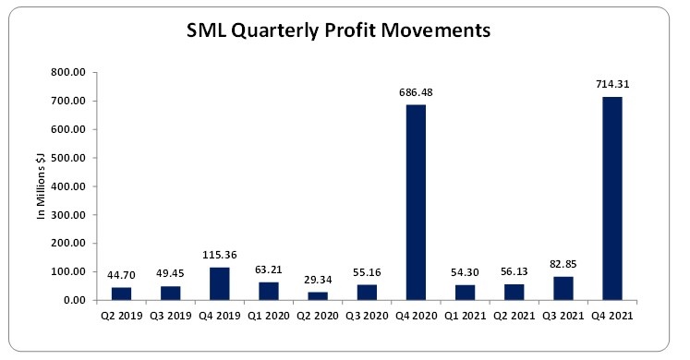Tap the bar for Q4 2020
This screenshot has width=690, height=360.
[416, 202]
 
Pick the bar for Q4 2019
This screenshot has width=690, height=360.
[221, 283]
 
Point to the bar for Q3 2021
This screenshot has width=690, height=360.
[563, 288]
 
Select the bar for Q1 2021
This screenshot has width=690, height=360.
[465, 293]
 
